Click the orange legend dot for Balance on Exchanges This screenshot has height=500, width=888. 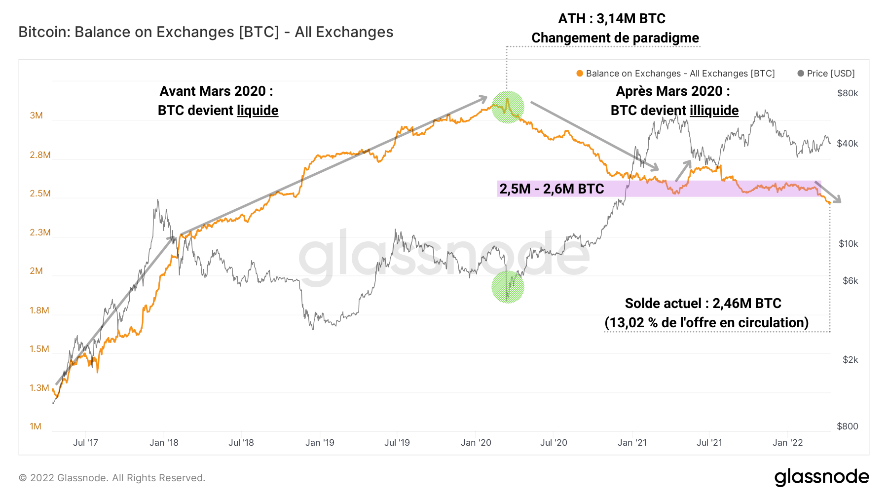pyautogui.click(x=580, y=74)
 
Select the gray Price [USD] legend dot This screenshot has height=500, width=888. pyautogui.click(x=801, y=74)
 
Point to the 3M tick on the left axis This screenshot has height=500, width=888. pyautogui.click(x=36, y=115)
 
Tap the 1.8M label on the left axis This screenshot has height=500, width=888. pyautogui.click(x=39, y=310)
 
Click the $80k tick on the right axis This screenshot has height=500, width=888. pyautogui.click(x=848, y=93)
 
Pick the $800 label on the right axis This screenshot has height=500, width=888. pyautogui.click(x=848, y=426)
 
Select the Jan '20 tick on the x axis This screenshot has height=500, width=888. pyautogui.click(x=476, y=443)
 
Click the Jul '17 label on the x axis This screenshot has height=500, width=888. pyautogui.click(x=85, y=443)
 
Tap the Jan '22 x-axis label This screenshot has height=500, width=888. pyautogui.click(x=787, y=443)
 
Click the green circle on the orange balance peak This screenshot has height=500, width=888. pyautogui.click(x=508, y=107)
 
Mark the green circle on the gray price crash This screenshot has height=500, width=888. pyautogui.click(x=508, y=287)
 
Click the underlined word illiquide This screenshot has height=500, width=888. pyautogui.click(x=714, y=111)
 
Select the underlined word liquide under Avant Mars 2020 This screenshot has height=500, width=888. pyautogui.click(x=258, y=111)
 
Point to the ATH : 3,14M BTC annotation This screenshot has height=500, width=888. pyautogui.click(x=612, y=19)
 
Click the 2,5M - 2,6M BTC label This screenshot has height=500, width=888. pyautogui.click(x=552, y=189)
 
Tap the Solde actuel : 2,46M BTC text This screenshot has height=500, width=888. pyautogui.click(x=703, y=304)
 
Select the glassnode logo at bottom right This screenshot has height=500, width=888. pyautogui.click(x=821, y=477)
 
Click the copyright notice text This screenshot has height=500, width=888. pyautogui.click(x=112, y=478)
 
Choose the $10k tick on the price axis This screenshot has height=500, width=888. pyautogui.click(x=848, y=244)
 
